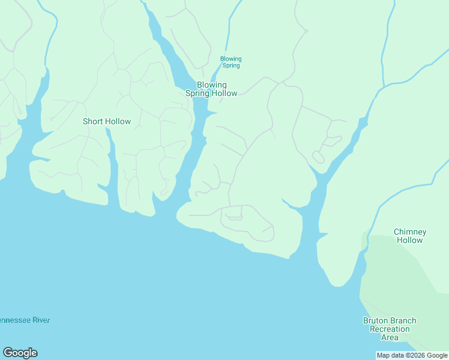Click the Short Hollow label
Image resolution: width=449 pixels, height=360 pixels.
click(106, 121)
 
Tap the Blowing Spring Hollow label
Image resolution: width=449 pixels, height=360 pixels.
click(211, 89)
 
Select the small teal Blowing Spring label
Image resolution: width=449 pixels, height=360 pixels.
click(231, 62)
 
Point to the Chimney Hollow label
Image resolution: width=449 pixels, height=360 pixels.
click(410, 236)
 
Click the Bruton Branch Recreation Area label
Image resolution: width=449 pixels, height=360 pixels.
click(390, 329)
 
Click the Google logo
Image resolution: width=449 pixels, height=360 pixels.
click(20, 353)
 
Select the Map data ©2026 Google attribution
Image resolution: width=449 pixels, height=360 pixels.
click(412, 355)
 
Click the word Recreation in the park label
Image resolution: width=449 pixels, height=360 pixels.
click(390, 329)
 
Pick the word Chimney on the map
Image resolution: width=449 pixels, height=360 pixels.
click(410, 232)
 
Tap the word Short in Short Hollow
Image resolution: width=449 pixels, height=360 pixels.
click(92, 121)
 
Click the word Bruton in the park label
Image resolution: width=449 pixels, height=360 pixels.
click(376, 320)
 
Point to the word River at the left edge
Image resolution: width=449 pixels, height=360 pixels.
click(40, 320)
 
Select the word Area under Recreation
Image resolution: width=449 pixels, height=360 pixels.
click(390, 337)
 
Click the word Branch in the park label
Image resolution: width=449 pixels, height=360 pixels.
click(403, 320)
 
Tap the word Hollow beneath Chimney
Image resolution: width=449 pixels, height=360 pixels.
click(410, 240)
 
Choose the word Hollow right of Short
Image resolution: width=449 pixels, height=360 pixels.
click(118, 121)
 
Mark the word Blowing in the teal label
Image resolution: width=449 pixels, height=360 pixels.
click(231, 59)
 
